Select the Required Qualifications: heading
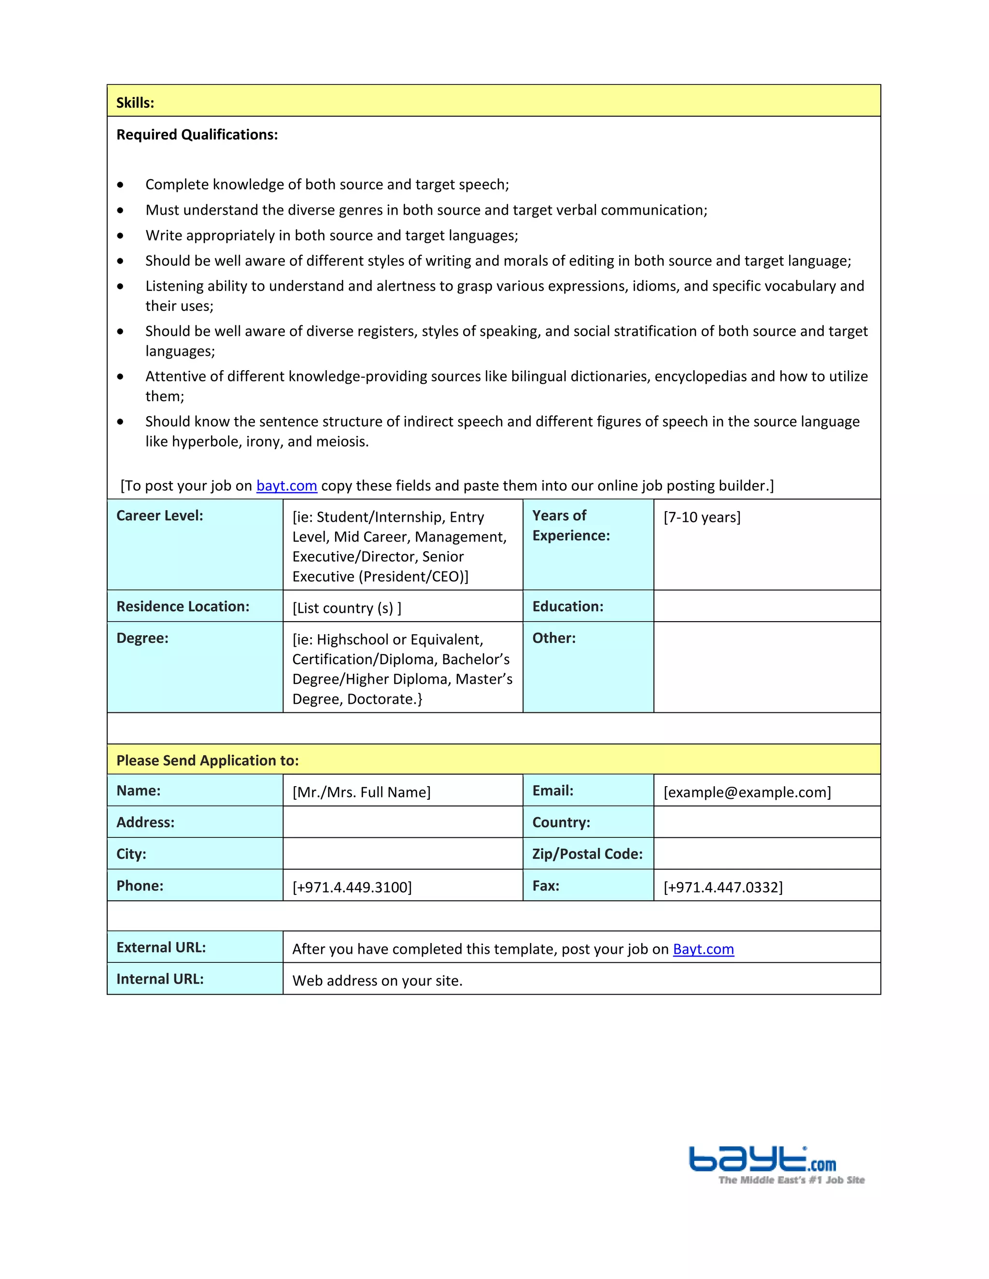197,135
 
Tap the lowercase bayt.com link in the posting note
286,486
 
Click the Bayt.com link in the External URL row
703,949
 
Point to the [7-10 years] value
702,517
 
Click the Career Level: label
159,515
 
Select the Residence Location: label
183,606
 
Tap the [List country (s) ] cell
347,608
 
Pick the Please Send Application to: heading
207,760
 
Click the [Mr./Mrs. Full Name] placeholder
362,792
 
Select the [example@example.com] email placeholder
747,792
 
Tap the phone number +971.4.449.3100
352,887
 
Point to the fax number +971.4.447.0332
723,887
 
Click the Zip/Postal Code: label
587,854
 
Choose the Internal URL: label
160,979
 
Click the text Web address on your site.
377,980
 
